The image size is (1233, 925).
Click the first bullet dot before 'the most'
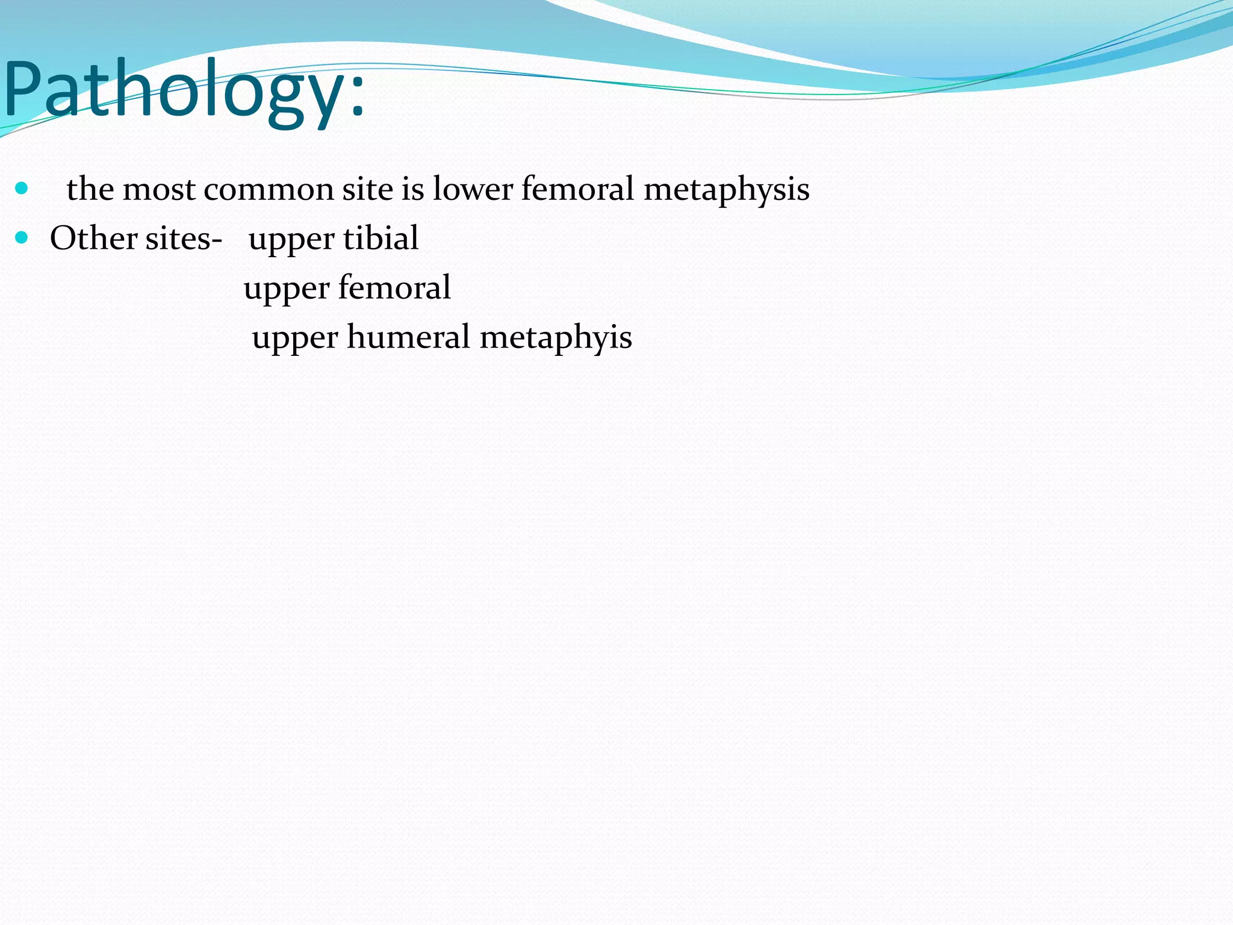pos(22,188)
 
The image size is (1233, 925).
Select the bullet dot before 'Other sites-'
pos(22,238)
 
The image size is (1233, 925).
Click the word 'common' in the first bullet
pos(269,190)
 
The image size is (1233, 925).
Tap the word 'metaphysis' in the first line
pos(726,190)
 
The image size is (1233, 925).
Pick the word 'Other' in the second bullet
pos(93,238)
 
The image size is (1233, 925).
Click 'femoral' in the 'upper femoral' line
pos(394,288)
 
